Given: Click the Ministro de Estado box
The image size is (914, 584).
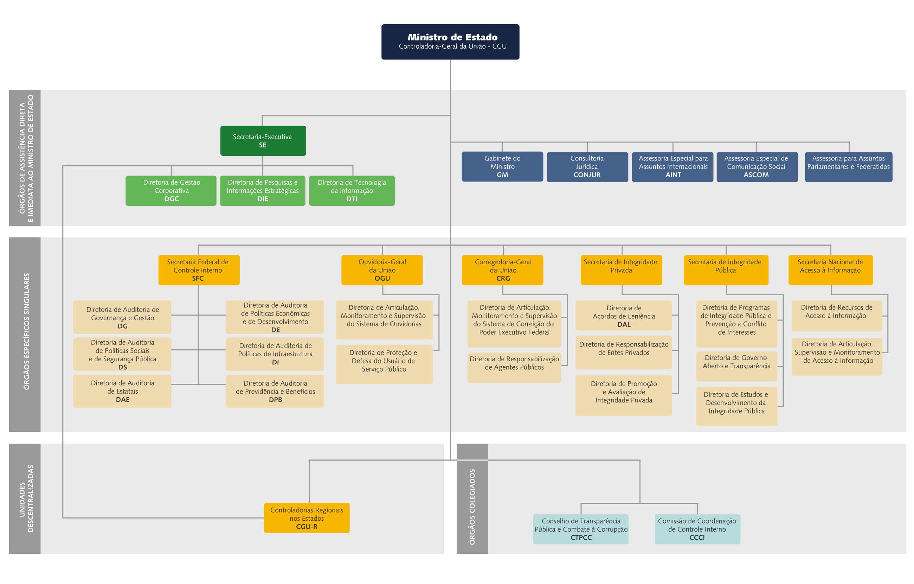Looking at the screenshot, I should point(450,42).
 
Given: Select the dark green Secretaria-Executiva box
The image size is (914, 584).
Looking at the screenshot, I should point(263,141).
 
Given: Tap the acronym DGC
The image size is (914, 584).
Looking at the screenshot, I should point(172,199).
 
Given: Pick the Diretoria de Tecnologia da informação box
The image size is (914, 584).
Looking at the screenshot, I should point(352,190).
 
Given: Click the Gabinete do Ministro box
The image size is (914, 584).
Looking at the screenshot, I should point(502,166).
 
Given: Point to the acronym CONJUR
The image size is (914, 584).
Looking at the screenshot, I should point(587,175).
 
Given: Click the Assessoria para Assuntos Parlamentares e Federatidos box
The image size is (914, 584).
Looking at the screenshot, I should point(848,166).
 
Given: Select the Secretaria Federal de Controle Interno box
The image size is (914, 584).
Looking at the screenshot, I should point(199,270).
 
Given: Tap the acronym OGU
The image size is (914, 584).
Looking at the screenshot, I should point(382,278).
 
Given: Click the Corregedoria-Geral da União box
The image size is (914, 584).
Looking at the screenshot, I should point(502,270).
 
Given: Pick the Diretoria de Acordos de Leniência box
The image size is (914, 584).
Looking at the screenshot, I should point(624,315).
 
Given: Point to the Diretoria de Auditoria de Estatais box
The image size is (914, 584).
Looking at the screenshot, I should point(122,391).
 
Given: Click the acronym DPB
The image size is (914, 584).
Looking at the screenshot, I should point(275,400).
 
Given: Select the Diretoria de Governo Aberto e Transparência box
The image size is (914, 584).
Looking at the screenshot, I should point(736,366).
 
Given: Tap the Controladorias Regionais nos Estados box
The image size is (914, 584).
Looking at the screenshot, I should point(307,518).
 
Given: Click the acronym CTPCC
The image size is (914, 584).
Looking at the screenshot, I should point(581,537).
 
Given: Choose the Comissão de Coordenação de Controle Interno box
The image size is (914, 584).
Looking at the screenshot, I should point(697,529).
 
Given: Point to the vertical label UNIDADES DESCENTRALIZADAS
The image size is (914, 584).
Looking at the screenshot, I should point(26,499).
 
